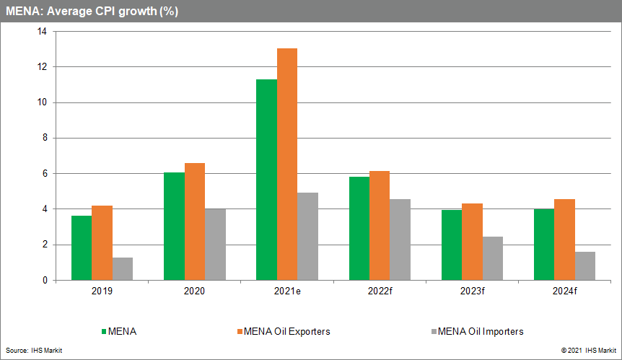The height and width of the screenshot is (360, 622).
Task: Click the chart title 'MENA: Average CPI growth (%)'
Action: tap(92, 11)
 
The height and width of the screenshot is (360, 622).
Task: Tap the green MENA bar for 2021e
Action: tap(266, 180)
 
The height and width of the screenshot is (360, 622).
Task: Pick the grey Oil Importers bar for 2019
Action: tap(123, 268)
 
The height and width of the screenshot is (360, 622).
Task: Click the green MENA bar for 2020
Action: tap(174, 227)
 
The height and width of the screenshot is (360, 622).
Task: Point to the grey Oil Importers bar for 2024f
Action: tap(585, 265)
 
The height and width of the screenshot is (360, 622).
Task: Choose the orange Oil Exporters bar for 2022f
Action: tap(380, 225)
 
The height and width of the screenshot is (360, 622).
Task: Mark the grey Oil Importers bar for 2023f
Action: tap(493, 258)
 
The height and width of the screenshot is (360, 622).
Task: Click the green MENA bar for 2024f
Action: tap(544, 245)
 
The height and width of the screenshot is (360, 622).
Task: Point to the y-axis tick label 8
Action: tap(44, 138)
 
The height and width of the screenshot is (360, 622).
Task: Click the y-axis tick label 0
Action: tap(44, 280)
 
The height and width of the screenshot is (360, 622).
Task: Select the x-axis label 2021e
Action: tap(287, 291)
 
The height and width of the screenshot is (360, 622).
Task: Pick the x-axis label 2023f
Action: tap(472, 291)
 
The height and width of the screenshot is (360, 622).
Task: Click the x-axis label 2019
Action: tap(102, 291)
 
